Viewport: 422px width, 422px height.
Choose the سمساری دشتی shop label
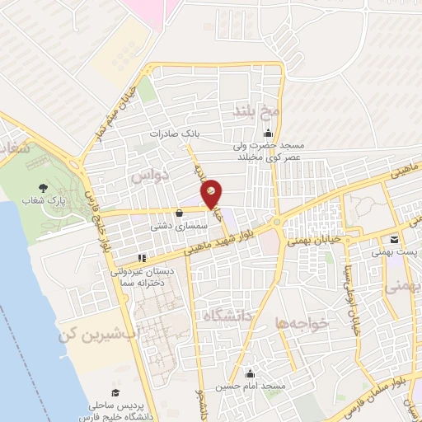click(x=172, y=224)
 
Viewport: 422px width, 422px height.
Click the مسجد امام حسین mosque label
click(x=251, y=386)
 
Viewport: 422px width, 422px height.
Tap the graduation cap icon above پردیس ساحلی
click(x=115, y=392)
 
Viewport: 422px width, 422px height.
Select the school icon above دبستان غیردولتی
click(x=142, y=256)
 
